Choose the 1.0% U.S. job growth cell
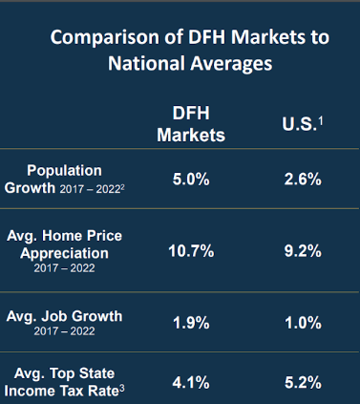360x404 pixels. tap(301, 323)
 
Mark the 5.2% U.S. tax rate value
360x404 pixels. tap(301, 381)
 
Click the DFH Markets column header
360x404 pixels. tap(192, 123)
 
